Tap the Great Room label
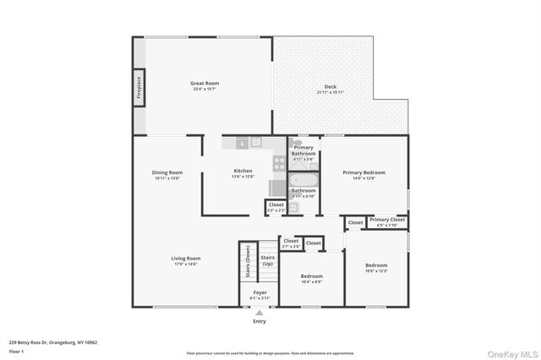205,84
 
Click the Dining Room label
167,173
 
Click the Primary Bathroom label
303,150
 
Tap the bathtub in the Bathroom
303,179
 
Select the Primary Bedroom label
363,173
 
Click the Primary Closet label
387,221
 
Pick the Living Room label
186,259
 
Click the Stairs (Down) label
248,261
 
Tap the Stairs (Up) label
267,260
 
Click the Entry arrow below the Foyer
260,312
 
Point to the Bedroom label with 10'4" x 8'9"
312,276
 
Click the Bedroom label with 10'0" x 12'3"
375,265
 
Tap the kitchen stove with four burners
280,162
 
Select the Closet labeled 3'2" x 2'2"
276,205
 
